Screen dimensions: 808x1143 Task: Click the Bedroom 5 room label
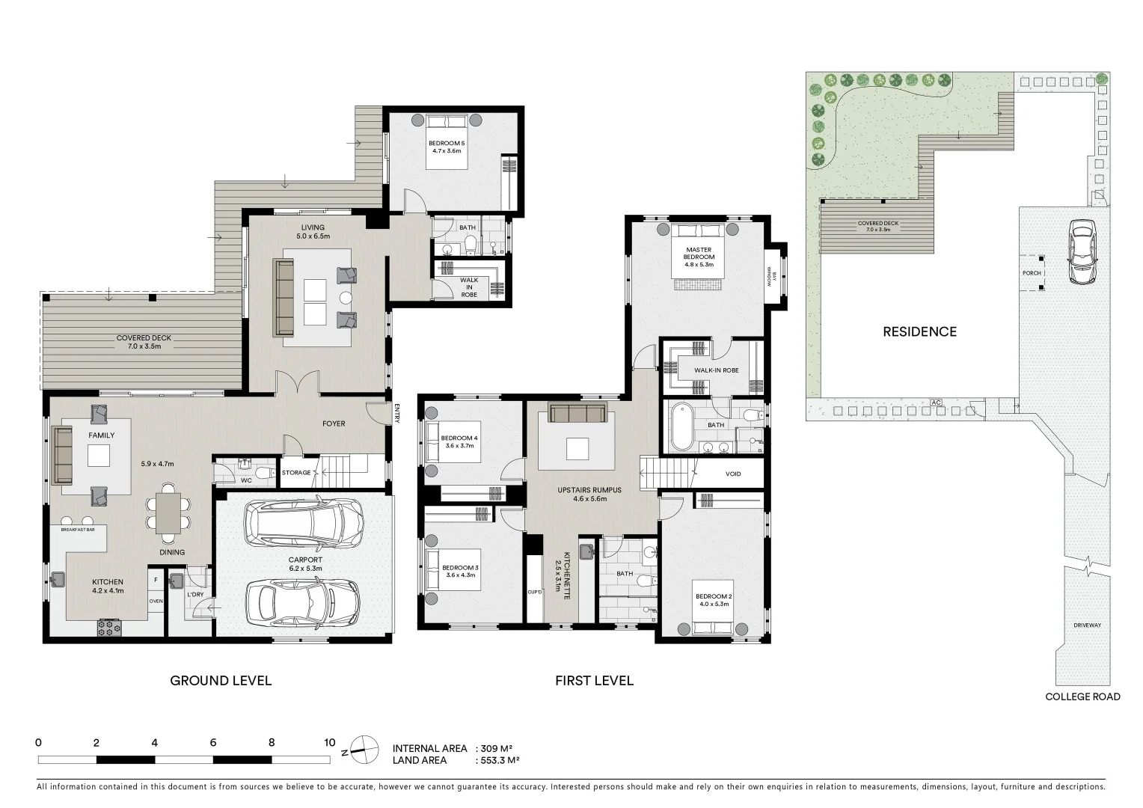(447, 143)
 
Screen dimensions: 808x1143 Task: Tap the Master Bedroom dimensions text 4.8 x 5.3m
(699, 265)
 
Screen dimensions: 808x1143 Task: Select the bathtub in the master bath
(682, 427)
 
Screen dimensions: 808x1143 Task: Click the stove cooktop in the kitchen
(109, 628)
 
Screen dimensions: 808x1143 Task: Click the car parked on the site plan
(1082, 251)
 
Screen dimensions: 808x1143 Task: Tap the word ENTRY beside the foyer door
(397, 414)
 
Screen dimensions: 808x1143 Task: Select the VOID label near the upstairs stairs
(733, 474)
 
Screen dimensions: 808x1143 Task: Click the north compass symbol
(364, 748)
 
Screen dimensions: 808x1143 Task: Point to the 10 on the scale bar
(330, 743)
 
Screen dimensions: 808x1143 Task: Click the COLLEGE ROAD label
(1082, 697)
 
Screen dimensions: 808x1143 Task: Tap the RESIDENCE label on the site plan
(919, 331)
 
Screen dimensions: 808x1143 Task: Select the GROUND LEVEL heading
(221, 680)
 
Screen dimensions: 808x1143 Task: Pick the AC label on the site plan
(936, 403)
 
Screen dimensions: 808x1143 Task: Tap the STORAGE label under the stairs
(296, 473)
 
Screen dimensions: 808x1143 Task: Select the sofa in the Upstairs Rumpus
(577, 413)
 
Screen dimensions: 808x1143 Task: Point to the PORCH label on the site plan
(1032, 273)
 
